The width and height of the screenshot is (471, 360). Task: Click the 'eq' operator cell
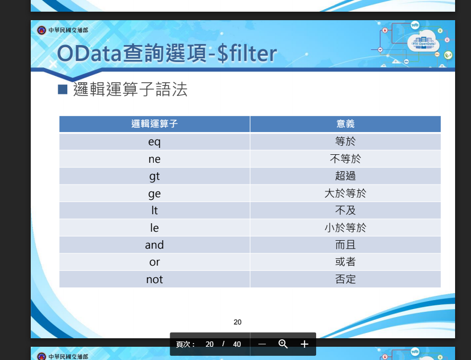154,142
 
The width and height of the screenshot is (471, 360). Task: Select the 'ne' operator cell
154,159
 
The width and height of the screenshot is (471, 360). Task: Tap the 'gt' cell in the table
154,176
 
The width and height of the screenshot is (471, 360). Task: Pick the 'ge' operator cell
154,194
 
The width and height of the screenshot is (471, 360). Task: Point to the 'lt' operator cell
154,210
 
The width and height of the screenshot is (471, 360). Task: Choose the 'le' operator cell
154,228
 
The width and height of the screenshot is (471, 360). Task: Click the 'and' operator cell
154,245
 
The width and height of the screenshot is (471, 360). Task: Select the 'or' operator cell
154,262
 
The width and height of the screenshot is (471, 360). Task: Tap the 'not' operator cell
154,279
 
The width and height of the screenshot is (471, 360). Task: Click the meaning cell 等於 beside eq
345,142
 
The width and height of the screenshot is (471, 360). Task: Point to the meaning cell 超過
345,176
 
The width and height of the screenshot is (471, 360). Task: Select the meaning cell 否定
345,279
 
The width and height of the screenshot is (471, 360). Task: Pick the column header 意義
345,124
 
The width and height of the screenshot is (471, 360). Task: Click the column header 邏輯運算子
154,124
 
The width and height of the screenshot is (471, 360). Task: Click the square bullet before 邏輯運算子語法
63,90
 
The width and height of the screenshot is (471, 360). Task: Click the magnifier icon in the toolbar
283,344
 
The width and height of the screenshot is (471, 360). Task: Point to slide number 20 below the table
237,322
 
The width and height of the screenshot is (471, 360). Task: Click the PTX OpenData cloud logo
424,42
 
